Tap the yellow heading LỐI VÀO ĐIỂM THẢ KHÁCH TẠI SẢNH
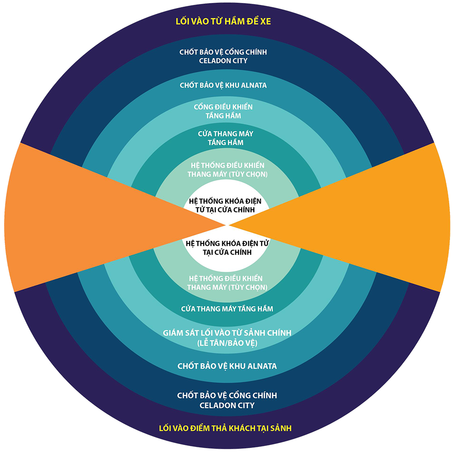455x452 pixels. (x=225, y=428)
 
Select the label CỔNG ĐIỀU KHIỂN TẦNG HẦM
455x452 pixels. (x=223, y=111)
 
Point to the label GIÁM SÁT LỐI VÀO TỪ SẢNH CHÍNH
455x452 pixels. (x=227, y=333)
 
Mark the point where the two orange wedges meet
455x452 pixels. (x=227, y=224)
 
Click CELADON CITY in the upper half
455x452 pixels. (x=223, y=61)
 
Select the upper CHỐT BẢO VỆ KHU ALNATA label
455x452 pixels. (x=223, y=85)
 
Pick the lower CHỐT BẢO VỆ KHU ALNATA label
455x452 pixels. (x=227, y=366)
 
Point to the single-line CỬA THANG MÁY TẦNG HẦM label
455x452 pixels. (x=227, y=309)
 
